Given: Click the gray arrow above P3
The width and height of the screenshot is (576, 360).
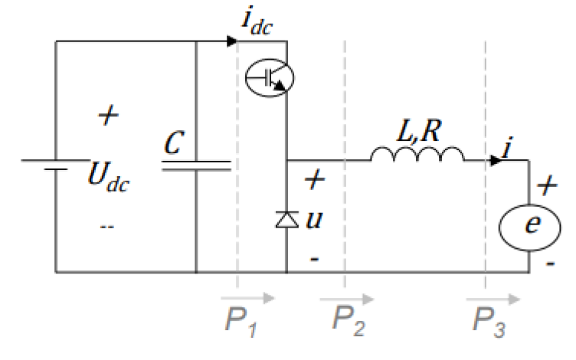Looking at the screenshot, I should (493, 297).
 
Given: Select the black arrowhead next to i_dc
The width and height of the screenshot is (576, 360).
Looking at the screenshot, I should (233, 41).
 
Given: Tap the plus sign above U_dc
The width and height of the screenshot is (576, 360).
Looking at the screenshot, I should (110, 116).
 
